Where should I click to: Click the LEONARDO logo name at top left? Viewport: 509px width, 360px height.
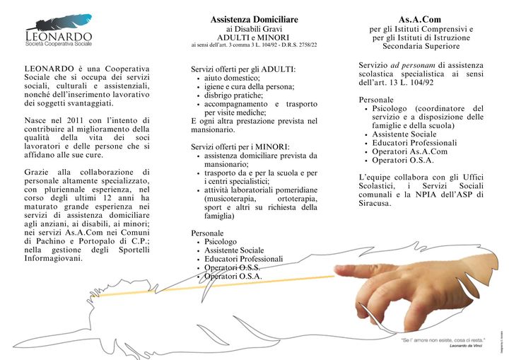pyautogui.click(x=58, y=35)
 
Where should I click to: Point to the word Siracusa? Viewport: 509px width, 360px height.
pyautogui.click(x=375, y=204)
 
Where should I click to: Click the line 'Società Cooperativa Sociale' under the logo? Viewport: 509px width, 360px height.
pyautogui.click(x=58, y=44)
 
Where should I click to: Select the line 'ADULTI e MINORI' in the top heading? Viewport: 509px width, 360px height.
pyautogui.click(x=254, y=37)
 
